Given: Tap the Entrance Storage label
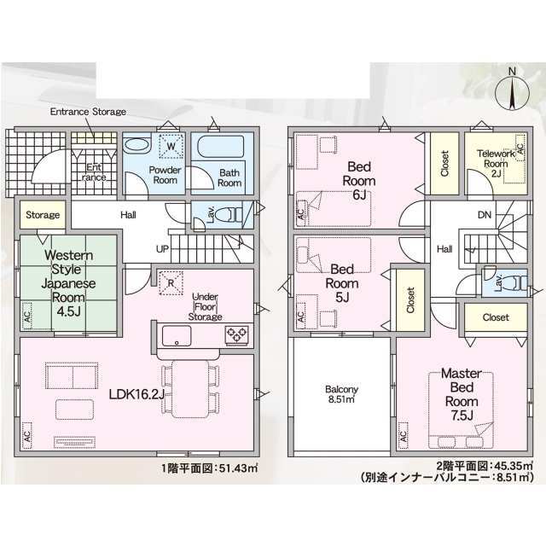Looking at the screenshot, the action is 88,112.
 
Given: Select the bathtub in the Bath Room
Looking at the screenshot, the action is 221,147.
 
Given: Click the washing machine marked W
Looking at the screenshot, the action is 171,146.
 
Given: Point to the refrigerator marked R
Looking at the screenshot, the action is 171,283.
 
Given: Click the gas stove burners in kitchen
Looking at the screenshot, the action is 237,335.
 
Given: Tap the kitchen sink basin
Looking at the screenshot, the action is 177,335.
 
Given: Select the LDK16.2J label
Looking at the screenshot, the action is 136,394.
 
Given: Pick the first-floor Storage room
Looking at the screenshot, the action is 43,214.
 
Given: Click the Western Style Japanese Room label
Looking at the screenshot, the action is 68,282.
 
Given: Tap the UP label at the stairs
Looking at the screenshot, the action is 162,249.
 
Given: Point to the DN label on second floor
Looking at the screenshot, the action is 485,215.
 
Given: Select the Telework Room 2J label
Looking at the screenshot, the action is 496,163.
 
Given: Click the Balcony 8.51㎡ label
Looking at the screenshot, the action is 341,394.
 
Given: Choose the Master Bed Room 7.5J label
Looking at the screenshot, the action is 462,394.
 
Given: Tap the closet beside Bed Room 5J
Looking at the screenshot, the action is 410,300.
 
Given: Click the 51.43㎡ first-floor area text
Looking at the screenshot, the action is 239,468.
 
